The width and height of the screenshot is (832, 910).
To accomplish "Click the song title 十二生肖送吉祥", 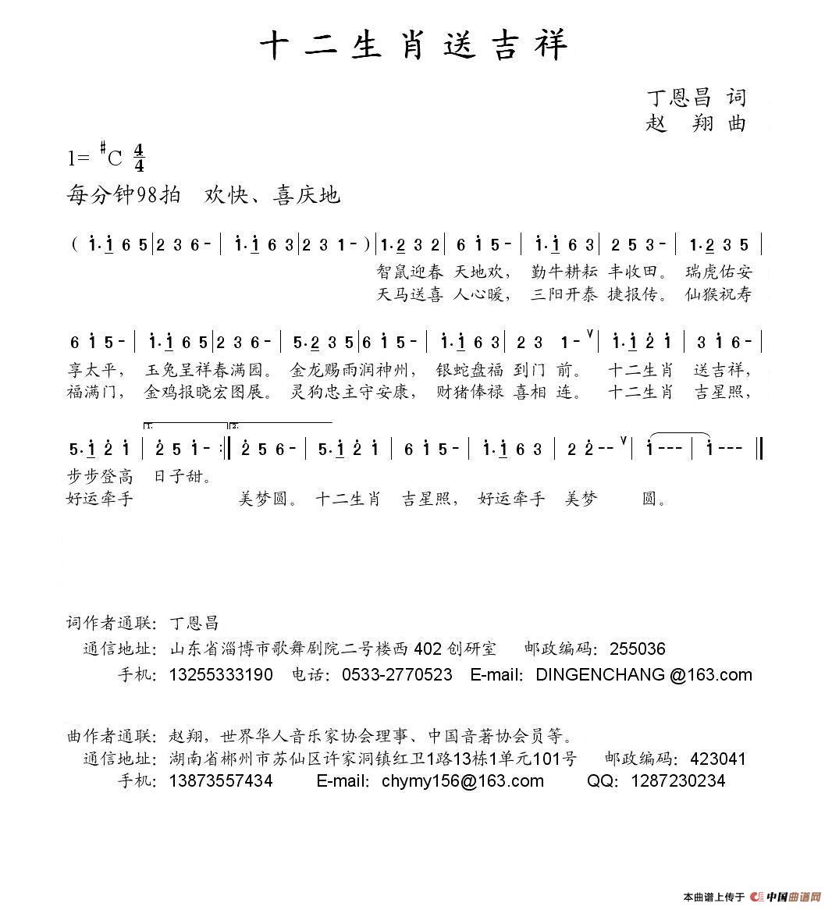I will point(414,45).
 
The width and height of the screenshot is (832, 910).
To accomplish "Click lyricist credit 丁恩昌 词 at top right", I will point(695,98).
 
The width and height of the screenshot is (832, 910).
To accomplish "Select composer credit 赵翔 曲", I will point(695,123).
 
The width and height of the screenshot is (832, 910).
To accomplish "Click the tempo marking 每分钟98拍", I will point(125,195).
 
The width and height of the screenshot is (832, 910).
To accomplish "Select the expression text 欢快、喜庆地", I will point(272,195).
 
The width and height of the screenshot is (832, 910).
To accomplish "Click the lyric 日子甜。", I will point(183,476).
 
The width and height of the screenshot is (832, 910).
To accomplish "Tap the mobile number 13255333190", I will point(221,675).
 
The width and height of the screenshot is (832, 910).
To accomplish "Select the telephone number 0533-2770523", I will point(396,675).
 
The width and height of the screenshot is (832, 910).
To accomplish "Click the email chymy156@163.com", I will point(462,781).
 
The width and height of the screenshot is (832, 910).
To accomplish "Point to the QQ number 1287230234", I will point(677,781).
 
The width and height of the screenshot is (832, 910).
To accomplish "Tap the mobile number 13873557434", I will point(221,781).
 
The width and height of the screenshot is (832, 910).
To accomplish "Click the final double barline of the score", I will point(760,449).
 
